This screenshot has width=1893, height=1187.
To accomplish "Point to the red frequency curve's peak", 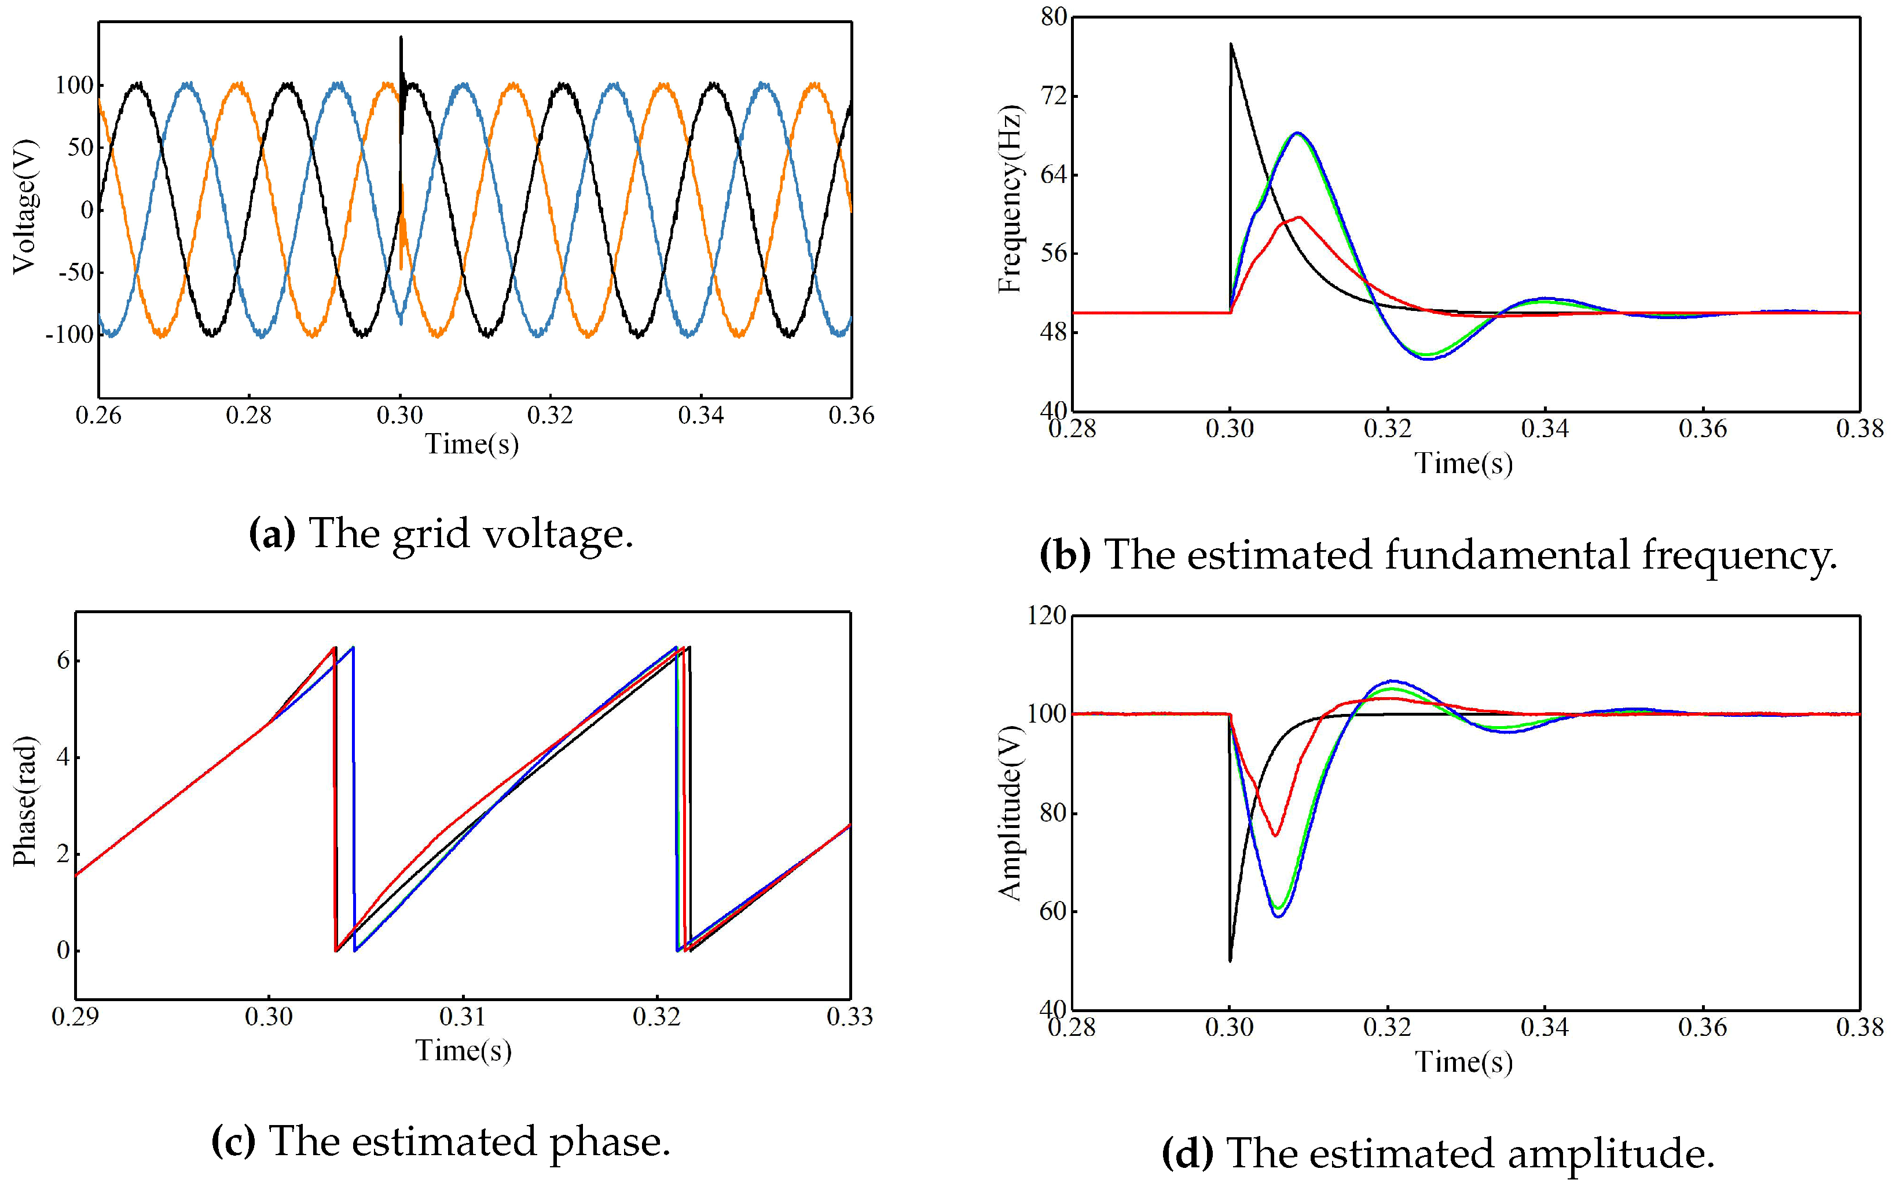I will pyautogui.click(x=1300, y=218).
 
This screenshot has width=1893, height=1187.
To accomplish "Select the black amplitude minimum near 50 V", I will pyautogui.click(x=1230, y=959).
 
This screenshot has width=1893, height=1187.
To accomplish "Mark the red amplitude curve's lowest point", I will pyautogui.click(x=1275, y=836).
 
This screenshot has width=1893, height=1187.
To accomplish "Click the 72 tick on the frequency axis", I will pyautogui.click(x=1054, y=96).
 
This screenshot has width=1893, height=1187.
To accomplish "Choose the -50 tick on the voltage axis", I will pyautogui.click(x=75, y=272).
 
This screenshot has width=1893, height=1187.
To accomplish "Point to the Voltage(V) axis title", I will pyautogui.click(x=25, y=207).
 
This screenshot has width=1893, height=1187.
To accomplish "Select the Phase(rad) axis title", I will pyautogui.click(x=25, y=801).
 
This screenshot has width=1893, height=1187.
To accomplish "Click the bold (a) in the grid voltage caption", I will pyautogui.click(x=272, y=534).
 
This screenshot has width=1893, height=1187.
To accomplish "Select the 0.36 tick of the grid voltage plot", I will pyautogui.click(x=851, y=415).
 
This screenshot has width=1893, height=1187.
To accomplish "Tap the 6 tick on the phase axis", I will pyautogui.click(x=63, y=660).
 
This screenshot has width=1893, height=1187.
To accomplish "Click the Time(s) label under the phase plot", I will pyautogui.click(x=463, y=1050).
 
